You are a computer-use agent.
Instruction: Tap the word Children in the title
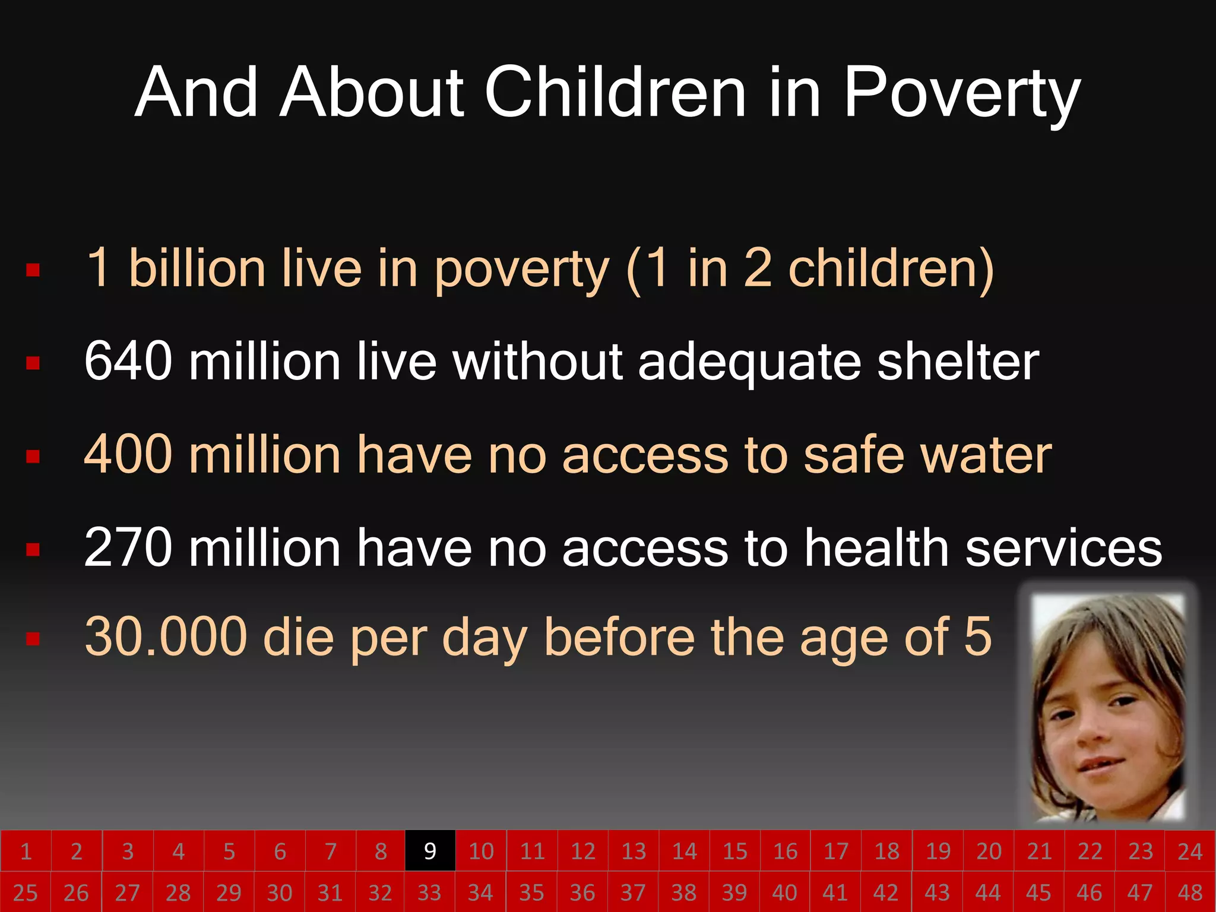point(615,93)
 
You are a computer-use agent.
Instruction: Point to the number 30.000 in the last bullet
point(166,637)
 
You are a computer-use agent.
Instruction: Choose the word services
point(1063,547)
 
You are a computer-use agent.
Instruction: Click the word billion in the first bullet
point(197,268)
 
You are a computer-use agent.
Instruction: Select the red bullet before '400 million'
point(33,456)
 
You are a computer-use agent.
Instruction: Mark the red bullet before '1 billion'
point(33,271)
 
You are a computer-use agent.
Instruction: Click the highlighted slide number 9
point(430,851)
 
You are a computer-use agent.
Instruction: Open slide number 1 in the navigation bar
point(26,851)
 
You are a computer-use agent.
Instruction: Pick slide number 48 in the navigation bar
point(1190,892)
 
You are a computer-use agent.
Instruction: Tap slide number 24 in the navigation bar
point(1190,851)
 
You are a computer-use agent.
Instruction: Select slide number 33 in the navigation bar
point(430,892)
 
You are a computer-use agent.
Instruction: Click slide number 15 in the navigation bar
point(734,851)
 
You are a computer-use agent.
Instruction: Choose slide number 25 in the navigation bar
point(26,892)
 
